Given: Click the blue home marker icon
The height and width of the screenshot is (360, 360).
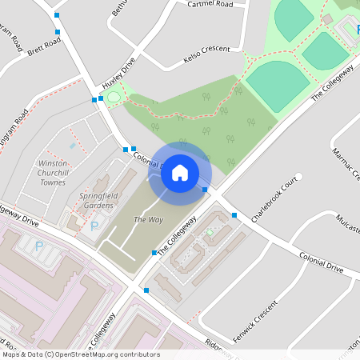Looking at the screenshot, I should click(x=180, y=171).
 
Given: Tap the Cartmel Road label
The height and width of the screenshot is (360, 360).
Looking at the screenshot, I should click(x=210, y=4).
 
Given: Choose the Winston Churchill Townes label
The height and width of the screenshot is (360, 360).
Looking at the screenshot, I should click(x=53, y=172).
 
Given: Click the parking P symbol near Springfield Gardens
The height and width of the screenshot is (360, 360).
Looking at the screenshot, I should click(x=95, y=226).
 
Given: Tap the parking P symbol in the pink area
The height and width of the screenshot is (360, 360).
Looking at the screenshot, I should click(x=39, y=245).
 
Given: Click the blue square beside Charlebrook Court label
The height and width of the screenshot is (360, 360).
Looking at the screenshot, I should click(x=234, y=215).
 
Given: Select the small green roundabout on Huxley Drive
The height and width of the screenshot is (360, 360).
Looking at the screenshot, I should click(x=114, y=98).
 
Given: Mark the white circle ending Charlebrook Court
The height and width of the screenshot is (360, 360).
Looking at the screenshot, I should click(x=299, y=177).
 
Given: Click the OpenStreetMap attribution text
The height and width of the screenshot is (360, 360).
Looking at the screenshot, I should click(x=80, y=354).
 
